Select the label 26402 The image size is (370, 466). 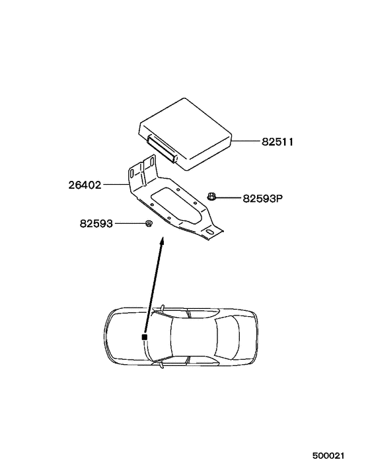85,185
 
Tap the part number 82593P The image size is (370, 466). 262,197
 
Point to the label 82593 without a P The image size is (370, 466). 97,224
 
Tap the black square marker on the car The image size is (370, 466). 143,338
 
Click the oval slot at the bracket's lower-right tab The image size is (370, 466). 210,232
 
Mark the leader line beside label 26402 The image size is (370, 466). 116,185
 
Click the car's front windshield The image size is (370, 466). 162,336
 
